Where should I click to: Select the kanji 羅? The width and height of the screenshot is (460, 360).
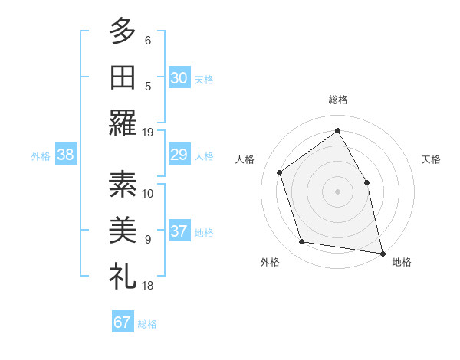122,123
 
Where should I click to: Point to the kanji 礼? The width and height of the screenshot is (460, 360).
122,275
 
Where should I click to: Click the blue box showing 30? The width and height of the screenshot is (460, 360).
179,77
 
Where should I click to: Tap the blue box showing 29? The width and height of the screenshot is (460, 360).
179,155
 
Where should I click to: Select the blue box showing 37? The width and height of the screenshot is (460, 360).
179,231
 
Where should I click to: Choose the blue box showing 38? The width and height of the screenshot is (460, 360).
66,155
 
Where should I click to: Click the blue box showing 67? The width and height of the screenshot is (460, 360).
122,322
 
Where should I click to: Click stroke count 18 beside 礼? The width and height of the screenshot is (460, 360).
148,285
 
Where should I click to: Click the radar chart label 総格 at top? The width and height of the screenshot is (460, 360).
338,100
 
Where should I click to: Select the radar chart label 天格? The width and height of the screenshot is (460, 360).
431,159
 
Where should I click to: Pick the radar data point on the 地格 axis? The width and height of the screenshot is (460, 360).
383,253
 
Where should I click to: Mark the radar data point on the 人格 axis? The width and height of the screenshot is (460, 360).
280,172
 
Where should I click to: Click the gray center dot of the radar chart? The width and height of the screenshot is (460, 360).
337,191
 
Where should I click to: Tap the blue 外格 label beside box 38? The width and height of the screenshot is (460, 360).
41,156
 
